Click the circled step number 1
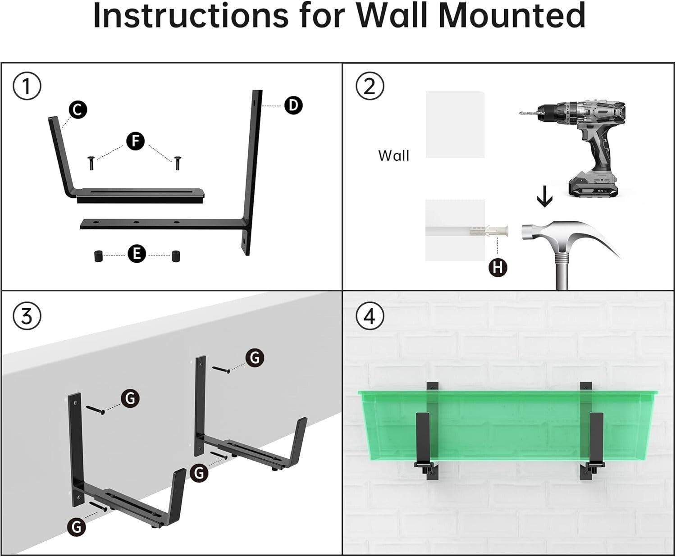[x=27, y=86]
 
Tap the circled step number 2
[x=370, y=86]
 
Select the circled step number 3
[x=27, y=316]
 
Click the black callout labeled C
[x=78, y=110]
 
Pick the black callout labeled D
[x=293, y=105]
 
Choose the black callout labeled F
[x=135, y=141]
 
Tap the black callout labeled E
[x=137, y=254]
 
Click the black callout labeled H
[x=498, y=268]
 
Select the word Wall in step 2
[x=393, y=156]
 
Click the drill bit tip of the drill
[x=523, y=113]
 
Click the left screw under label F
[x=91, y=162]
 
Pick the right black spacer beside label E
[x=175, y=256]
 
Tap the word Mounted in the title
[x=511, y=16]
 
